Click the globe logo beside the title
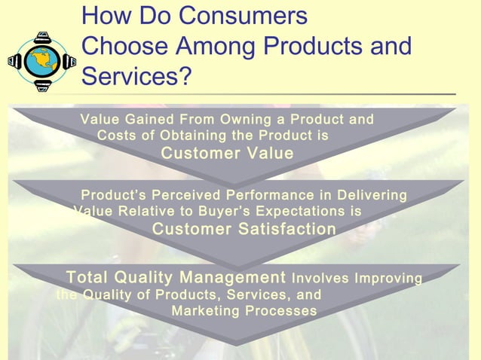click(42, 60)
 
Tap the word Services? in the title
click(136, 76)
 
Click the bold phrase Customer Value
click(228, 154)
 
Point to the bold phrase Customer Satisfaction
click(244, 229)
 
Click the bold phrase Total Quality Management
click(176, 277)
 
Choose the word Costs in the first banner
click(117, 136)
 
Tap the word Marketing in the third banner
click(204, 311)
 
